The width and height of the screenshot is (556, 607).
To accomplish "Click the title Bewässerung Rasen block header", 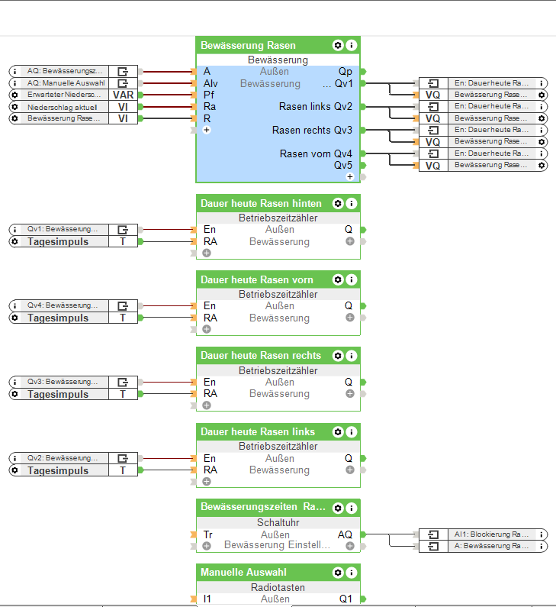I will (x=248, y=46).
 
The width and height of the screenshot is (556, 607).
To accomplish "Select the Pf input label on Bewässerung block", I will (x=209, y=95).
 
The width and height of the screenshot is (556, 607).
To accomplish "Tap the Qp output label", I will (x=345, y=72).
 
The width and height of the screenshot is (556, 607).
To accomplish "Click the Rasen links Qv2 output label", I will (x=316, y=107).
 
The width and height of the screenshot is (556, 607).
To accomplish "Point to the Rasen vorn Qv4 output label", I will (x=316, y=154).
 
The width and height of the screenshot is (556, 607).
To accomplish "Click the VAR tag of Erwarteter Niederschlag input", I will (x=123, y=95).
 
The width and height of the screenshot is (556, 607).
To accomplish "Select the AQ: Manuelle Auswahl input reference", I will (x=66, y=83).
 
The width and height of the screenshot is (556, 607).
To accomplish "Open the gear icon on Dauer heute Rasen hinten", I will (x=338, y=204).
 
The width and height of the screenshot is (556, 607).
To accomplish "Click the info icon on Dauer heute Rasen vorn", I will (x=351, y=280).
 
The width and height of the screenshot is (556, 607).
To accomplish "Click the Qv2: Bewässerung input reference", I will (x=63, y=458).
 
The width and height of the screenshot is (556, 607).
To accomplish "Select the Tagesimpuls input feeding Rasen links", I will (x=58, y=470).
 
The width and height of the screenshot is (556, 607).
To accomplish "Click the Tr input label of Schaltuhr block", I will (x=207, y=534).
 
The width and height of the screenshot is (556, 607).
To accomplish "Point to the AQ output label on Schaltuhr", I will (x=345, y=534).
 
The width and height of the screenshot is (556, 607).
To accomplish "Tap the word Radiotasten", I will (x=278, y=587).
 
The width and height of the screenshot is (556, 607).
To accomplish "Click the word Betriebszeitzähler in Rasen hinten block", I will (x=278, y=218).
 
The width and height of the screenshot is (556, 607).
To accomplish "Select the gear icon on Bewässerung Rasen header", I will (x=338, y=46).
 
